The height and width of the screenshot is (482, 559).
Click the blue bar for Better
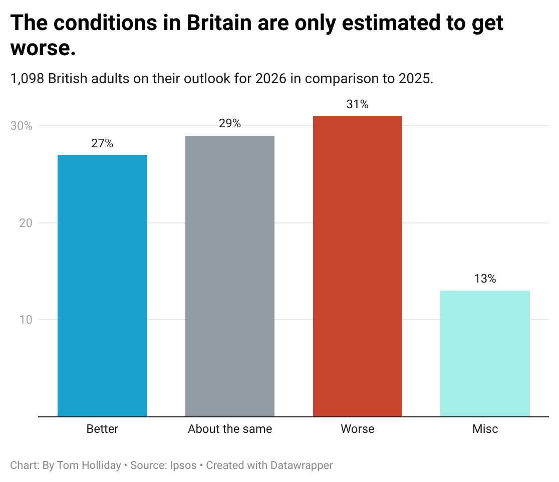click(x=102, y=286)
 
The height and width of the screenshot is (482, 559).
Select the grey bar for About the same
click(x=230, y=276)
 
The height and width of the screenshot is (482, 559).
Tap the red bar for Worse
click(x=358, y=266)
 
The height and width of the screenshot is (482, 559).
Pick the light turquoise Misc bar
click(x=485, y=353)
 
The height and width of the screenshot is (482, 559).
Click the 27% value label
click(x=102, y=144)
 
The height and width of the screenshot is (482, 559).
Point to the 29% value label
click(x=230, y=124)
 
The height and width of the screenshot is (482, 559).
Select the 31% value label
click(x=358, y=105)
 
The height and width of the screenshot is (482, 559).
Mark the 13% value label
click(x=485, y=279)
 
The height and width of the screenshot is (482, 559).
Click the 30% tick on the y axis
click(x=22, y=126)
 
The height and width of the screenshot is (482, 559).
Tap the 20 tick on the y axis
click(x=25, y=223)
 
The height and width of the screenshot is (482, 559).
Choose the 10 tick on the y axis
click(x=25, y=320)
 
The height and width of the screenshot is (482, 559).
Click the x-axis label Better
click(x=102, y=429)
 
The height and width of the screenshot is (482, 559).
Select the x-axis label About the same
click(x=230, y=429)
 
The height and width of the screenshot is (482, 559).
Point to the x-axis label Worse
click(x=358, y=429)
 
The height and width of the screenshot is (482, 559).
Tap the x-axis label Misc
click(x=485, y=429)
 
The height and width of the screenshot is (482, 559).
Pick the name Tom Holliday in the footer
click(x=89, y=465)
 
